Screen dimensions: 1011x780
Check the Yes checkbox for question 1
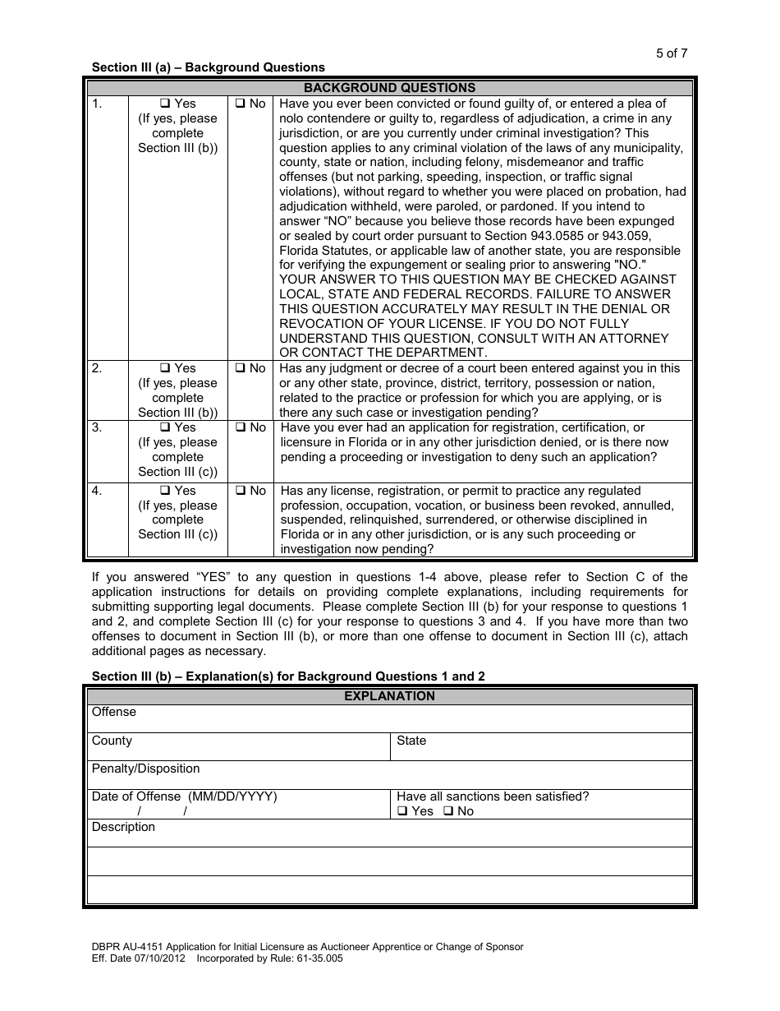164,104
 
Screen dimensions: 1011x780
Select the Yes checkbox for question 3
164,427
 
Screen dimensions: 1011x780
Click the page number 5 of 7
672,53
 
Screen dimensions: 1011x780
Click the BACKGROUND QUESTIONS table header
389,88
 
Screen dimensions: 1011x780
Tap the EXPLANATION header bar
389,696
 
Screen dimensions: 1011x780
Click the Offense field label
114,712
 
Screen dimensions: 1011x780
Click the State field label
411,741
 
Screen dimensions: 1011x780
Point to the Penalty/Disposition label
145,769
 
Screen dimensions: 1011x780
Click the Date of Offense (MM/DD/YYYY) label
184,796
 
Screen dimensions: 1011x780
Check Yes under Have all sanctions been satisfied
402,811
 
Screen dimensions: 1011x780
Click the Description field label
123,827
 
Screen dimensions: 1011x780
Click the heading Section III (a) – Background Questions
208,67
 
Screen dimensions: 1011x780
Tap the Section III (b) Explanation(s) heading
288,676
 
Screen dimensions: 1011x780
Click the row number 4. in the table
98,491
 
